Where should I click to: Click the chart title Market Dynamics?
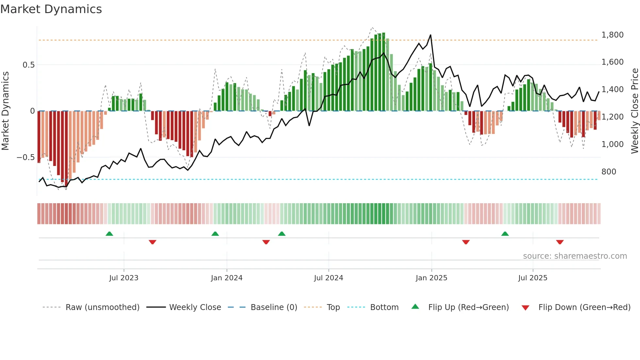(x=51, y=9)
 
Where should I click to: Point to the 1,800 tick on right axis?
(x=612, y=35)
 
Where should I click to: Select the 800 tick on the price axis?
(x=609, y=172)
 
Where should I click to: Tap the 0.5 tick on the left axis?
(x=29, y=65)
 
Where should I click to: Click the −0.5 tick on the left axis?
(x=26, y=157)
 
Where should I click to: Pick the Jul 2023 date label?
(x=124, y=278)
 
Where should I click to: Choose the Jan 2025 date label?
(x=431, y=278)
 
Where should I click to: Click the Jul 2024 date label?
(x=328, y=278)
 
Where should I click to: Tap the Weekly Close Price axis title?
(x=634, y=111)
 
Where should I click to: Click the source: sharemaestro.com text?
(x=575, y=256)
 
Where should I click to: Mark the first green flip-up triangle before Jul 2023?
(x=109, y=234)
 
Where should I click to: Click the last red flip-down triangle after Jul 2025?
(x=560, y=242)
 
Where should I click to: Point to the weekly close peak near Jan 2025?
(x=430, y=35)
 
